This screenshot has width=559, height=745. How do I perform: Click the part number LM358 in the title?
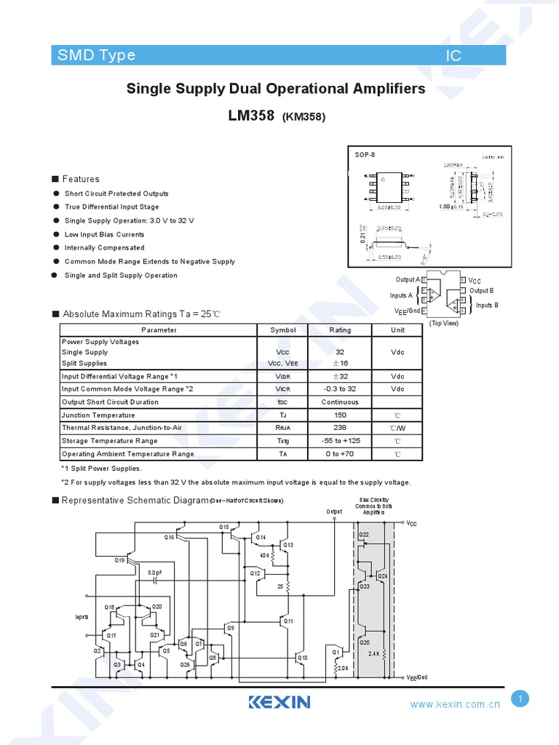pyautogui.click(x=253, y=115)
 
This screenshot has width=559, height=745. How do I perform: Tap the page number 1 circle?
pyautogui.click(x=520, y=699)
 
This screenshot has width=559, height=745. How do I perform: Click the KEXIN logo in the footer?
pyautogui.click(x=279, y=702)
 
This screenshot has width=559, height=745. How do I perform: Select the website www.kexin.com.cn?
pyautogui.click(x=455, y=704)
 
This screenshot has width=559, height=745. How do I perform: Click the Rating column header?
pyautogui.click(x=340, y=330)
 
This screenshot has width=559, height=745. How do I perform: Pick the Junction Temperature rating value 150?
pyautogui.click(x=340, y=415)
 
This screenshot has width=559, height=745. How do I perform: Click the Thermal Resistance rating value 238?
pyautogui.click(x=340, y=428)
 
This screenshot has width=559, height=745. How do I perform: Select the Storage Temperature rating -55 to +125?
pyautogui.click(x=340, y=441)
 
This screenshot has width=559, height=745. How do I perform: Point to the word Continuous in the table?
pyautogui.click(x=340, y=402)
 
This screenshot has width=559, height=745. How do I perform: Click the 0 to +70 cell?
pyautogui.click(x=340, y=454)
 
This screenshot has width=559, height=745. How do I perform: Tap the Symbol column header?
pyautogui.click(x=283, y=330)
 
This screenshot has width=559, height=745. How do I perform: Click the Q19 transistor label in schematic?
pyautogui.click(x=119, y=560)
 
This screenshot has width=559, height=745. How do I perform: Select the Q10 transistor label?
pyautogui.click(x=303, y=658)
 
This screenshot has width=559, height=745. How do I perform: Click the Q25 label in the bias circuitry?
pyautogui.click(x=365, y=642)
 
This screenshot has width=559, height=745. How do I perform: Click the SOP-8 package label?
pyautogui.click(x=364, y=154)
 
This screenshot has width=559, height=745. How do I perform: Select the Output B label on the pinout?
pyautogui.click(x=482, y=291)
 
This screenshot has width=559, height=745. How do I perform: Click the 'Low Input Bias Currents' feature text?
pyautogui.click(x=104, y=234)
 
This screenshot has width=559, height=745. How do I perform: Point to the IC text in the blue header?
pyautogui.click(x=453, y=56)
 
